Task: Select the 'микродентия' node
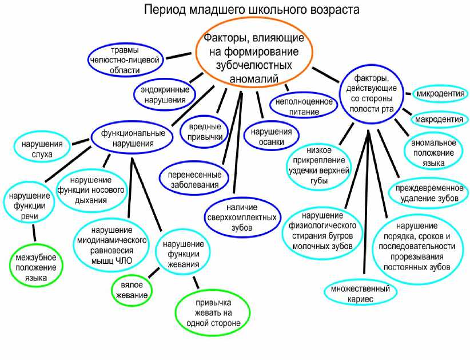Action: pos(439,93)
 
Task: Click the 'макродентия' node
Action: pos(439,119)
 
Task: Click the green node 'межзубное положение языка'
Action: pos(36,267)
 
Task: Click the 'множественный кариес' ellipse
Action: pos(360,293)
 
